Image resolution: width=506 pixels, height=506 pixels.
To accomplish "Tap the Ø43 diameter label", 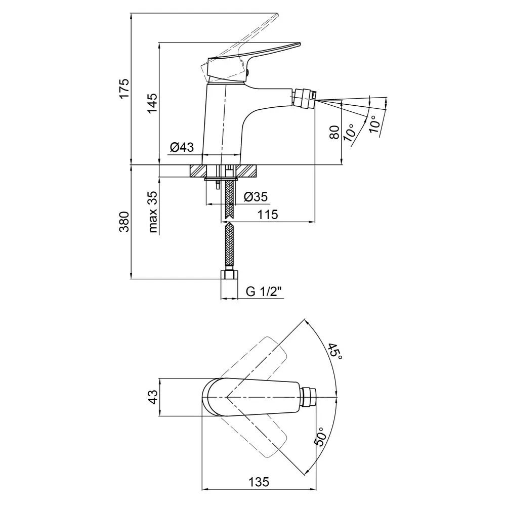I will click(x=182, y=147).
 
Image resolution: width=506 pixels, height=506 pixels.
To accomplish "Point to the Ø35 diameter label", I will click(x=256, y=197).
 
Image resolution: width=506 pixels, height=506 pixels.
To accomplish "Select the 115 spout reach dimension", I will click(x=267, y=215).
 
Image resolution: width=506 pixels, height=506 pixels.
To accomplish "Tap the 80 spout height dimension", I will click(x=334, y=133).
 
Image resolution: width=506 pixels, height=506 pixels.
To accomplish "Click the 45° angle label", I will click(x=335, y=351).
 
